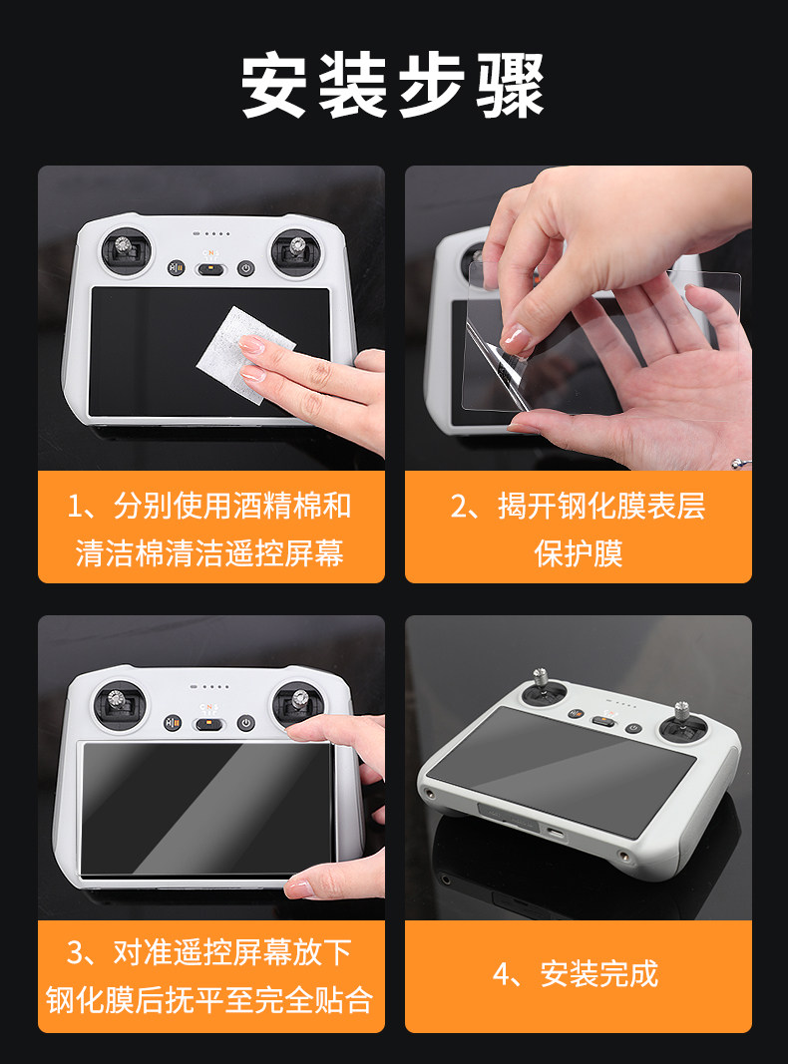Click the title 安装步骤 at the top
(393, 85)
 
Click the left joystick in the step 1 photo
(126, 251)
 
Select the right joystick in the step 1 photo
(296, 252)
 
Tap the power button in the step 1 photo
(245, 268)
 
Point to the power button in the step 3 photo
(245, 723)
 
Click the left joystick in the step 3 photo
(119, 704)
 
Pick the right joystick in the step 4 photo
(681, 723)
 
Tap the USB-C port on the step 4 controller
(557, 833)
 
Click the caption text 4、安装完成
(576, 974)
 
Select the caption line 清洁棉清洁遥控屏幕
(209, 553)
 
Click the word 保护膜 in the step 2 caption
(579, 553)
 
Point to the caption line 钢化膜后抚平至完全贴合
(209, 1000)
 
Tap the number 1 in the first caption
(74, 507)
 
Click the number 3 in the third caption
(75, 953)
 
